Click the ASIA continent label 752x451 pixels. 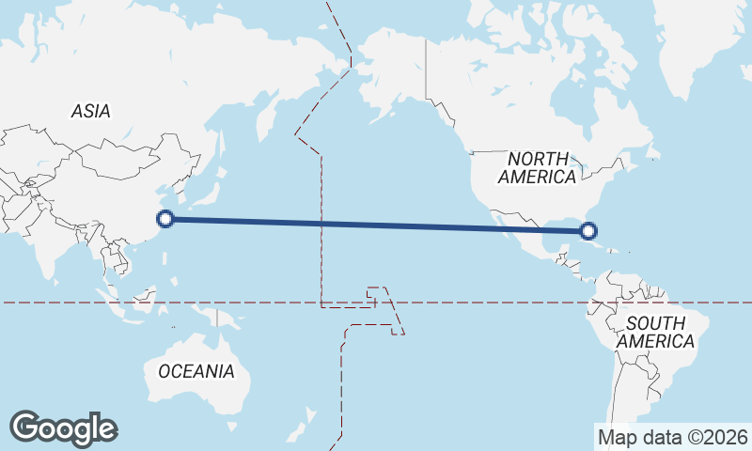pos(90,111)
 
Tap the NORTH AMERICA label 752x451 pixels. pos(538,167)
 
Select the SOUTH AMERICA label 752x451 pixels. pos(655,332)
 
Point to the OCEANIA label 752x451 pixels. pos(196,371)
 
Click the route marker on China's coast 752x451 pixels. pos(165,219)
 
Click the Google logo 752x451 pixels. pos(63,428)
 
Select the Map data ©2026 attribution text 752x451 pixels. pos(672,437)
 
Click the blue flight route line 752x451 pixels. pos(376,225)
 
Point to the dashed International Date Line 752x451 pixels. pos(321,235)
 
